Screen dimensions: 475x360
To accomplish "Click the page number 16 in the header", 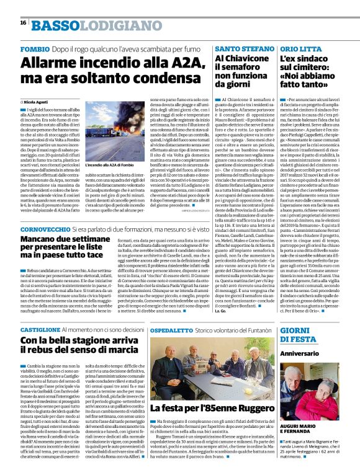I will [23, 23].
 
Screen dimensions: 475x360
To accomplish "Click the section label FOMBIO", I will [36, 48].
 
